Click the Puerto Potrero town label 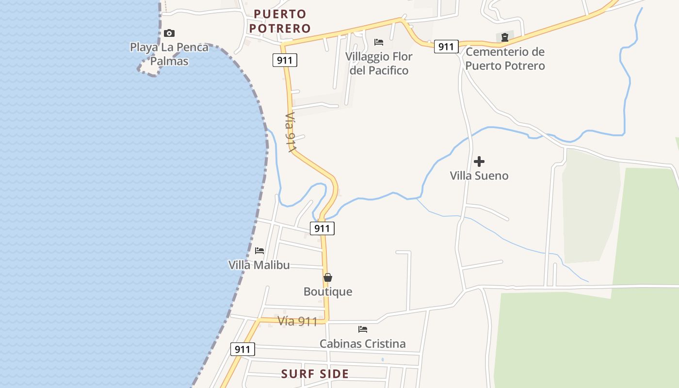tap(280, 21)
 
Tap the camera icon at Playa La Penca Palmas tap(169, 33)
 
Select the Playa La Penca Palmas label tap(169, 54)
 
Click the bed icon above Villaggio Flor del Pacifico tap(379, 42)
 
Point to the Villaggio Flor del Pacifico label tap(379, 63)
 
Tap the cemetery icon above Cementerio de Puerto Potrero tap(505, 37)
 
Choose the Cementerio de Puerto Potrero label tap(505, 58)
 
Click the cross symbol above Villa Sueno tap(479, 162)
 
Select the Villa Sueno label tap(479, 176)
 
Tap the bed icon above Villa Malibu tap(259, 251)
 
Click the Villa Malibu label tap(259, 265)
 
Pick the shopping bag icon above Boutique tap(328, 277)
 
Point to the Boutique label tap(328, 291)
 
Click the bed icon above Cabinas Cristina tap(363, 329)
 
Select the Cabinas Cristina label tap(363, 343)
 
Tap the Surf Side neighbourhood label tap(315, 374)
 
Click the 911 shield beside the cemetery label tap(446, 47)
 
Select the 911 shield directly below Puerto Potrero tap(285, 60)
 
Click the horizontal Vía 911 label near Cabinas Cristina tap(297, 321)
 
